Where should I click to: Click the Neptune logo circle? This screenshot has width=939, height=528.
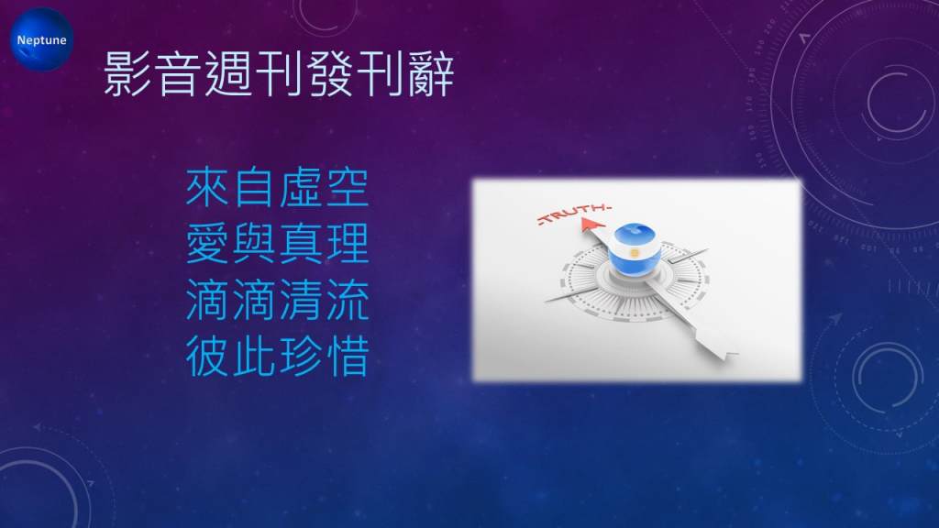[41, 39]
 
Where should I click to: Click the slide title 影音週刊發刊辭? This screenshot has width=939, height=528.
[279, 73]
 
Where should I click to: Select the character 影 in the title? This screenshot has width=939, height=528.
[127, 73]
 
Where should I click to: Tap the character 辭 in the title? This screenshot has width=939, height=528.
[431, 73]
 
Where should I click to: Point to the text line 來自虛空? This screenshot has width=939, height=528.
[277, 187]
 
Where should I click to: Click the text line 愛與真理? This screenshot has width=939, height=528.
[277, 244]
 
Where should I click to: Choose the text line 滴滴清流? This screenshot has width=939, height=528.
[277, 300]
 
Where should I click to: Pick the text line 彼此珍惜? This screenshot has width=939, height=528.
[277, 357]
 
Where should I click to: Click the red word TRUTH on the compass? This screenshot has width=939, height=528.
[573, 213]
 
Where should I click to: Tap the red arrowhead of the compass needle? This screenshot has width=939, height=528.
[591, 225]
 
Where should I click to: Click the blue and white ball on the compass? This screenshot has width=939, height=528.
[635, 249]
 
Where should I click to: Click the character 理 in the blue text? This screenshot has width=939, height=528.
[347, 244]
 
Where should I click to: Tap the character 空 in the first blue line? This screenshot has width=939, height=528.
[347, 187]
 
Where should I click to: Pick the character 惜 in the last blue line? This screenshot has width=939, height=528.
[347, 357]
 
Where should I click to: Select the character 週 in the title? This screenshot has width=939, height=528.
[228, 73]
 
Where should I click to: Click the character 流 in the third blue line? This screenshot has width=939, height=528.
[347, 300]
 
